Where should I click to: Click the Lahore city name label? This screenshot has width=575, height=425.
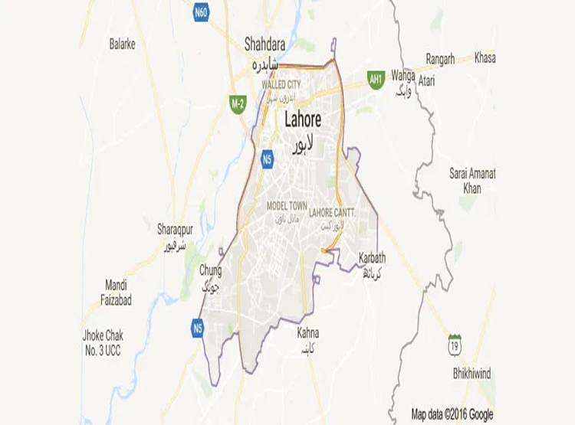pyautogui.click(x=302, y=120)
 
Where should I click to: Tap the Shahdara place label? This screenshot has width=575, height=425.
pyautogui.click(x=264, y=43)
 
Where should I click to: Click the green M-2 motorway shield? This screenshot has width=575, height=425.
pyautogui.click(x=238, y=103)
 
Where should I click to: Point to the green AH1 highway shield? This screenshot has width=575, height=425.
pyautogui.click(x=375, y=79)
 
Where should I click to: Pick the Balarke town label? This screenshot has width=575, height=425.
pyautogui.click(x=122, y=44)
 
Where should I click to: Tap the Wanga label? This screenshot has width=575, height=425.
pyautogui.click(x=402, y=76)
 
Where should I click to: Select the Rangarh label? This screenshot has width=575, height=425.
pyautogui.click(x=440, y=58)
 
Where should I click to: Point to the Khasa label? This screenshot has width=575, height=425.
pyautogui.click(x=485, y=58)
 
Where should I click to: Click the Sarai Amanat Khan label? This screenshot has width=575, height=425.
pyautogui.click(x=472, y=181)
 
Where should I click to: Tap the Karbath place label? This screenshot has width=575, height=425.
pyautogui.click(x=372, y=257)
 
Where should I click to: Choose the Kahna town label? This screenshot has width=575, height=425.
pyautogui.click(x=307, y=333)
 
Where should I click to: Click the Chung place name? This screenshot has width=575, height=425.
pyautogui.click(x=210, y=270)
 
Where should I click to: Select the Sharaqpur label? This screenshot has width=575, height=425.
pyautogui.click(x=172, y=230)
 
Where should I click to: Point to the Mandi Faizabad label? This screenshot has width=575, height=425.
pyautogui.click(x=116, y=293)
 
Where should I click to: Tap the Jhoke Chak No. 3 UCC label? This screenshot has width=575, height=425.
pyautogui.click(x=103, y=342)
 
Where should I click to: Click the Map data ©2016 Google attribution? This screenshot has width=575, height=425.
pyautogui.click(x=452, y=414)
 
